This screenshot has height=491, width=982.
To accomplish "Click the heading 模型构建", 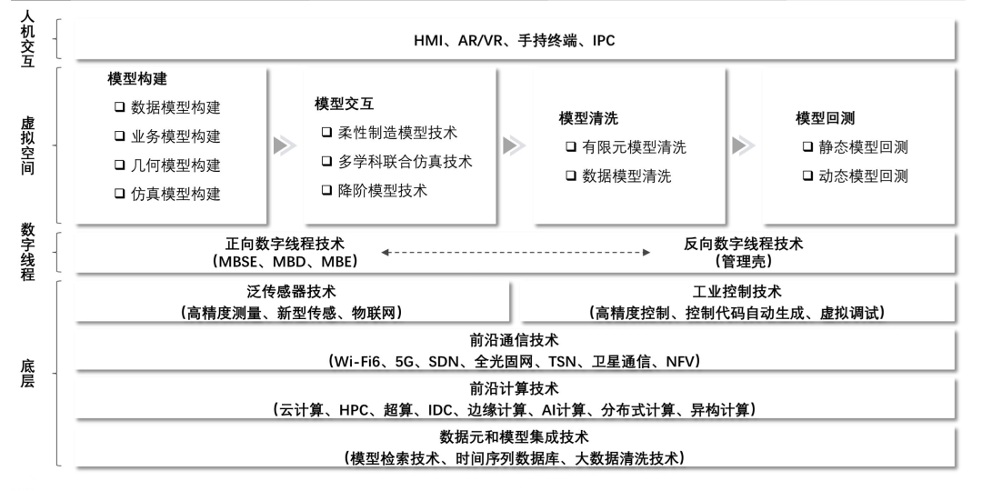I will (x=136, y=79).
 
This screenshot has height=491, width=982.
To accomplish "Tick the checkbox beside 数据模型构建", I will (x=119, y=108).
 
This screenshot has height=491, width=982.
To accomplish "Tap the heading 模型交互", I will (x=344, y=104).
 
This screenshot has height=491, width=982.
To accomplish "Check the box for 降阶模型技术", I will (x=326, y=191).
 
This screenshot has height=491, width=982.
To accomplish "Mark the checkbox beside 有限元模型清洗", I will (x=570, y=147).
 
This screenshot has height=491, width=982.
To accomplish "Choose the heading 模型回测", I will (x=825, y=118).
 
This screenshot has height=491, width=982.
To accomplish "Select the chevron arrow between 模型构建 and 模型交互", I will (x=285, y=145).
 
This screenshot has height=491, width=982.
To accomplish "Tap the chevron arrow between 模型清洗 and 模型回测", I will (x=743, y=145).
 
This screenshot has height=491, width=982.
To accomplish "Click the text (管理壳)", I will (x=743, y=262).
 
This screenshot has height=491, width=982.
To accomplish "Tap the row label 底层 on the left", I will (x=28, y=373).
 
